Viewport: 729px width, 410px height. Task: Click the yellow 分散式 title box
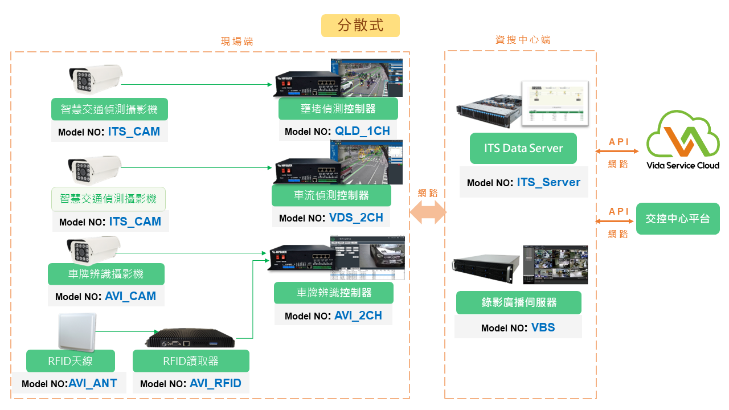click(x=360, y=26)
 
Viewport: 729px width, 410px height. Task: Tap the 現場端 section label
click(x=237, y=42)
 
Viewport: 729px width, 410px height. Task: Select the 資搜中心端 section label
click(x=522, y=40)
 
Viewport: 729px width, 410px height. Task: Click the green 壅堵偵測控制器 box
click(x=338, y=109)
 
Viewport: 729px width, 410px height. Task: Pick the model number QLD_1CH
click(x=362, y=131)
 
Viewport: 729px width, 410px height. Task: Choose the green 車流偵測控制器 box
click(x=331, y=195)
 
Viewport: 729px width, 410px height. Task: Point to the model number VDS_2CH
click(x=356, y=218)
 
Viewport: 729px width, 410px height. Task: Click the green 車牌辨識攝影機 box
click(x=106, y=274)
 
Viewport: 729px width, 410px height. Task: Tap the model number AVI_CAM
click(x=130, y=297)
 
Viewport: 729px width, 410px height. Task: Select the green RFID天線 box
click(x=71, y=361)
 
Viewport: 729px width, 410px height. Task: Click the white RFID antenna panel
click(x=76, y=331)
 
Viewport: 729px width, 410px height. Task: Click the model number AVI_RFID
click(x=215, y=383)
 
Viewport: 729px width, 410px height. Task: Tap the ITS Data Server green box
click(x=523, y=148)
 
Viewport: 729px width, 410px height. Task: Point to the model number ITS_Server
click(x=548, y=183)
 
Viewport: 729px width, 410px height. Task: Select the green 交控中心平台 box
click(x=678, y=218)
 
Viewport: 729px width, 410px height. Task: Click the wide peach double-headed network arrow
click(x=427, y=214)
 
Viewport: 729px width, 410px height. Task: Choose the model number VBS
click(x=543, y=327)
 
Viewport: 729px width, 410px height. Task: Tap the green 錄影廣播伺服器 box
click(x=518, y=302)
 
